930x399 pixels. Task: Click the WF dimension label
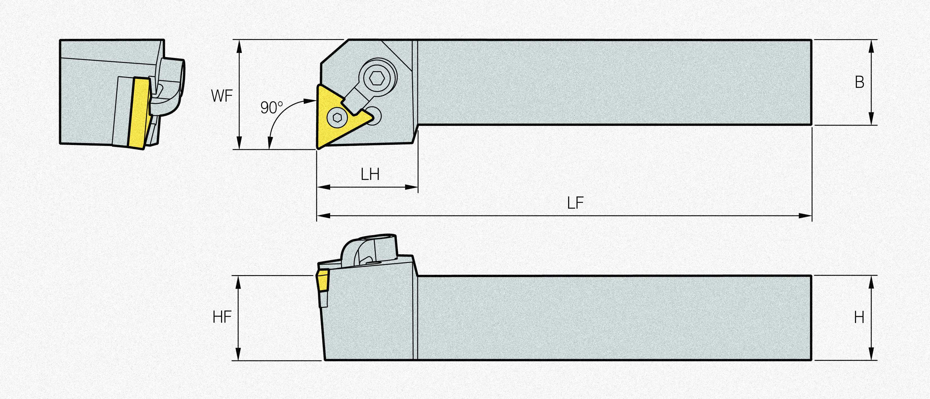click(222, 96)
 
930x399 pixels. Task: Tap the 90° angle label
click(271, 108)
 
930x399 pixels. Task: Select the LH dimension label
click(370, 175)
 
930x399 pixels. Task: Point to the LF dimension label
click(575, 203)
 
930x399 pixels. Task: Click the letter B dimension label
click(860, 83)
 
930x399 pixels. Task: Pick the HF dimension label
click(222, 317)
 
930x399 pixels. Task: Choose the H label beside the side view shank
click(859, 318)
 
